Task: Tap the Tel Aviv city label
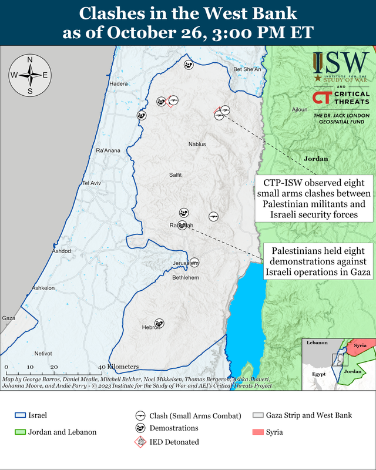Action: click(x=92, y=183)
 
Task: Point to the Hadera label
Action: click(x=119, y=84)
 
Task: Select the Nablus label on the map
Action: click(x=197, y=144)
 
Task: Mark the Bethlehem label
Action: click(x=186, y=277)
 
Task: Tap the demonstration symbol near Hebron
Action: click(x=159, y=323)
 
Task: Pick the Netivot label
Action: click(x=43, y=354)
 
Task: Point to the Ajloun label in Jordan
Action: click(x=299, y=110)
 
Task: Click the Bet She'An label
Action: click(x=247, y=69)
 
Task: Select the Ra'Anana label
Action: click(x=108, y=151)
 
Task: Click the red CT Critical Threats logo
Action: click(x=321, y=98)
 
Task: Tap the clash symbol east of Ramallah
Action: click(x=214, y=216)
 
